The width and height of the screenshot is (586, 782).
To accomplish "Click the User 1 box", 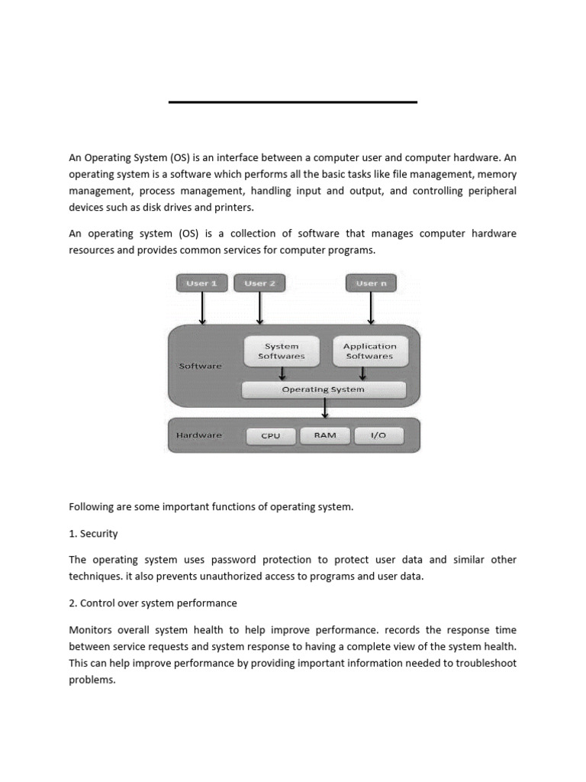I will [x=202, y=283].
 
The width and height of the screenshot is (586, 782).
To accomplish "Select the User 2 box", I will [x=259, y=283].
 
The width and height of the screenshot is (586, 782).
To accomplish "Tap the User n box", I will [x=372, y=283].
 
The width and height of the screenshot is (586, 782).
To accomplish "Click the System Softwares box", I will [x=282, y=351].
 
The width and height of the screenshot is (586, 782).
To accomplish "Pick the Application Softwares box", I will [x=370, y=351].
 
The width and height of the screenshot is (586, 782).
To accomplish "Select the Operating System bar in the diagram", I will [x=324, y=389].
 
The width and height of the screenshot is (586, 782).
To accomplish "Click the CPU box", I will [x=271, y=436].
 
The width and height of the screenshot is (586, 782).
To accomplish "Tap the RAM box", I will [x=325, y=435].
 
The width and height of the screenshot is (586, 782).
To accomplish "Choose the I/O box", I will [x=378, y=435].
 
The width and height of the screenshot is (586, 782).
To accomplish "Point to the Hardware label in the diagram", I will [x=199, y=435].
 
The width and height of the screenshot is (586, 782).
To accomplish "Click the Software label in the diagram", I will [x=201, y=366].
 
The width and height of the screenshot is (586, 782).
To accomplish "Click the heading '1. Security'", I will [x=93, y=533].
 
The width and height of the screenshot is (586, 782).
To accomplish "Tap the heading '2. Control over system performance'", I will [x=153, y=603].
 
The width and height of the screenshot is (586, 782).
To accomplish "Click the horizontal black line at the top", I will [x=292, y=102].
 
